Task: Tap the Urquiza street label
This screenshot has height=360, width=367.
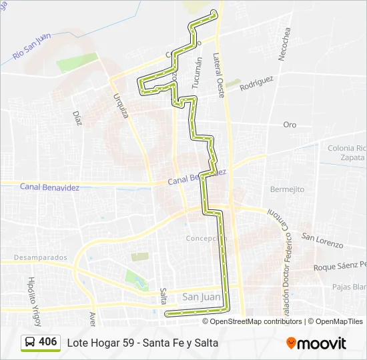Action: pyautogui.click(x=121, y=105)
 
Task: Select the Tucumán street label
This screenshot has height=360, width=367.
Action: pyautogui.click(x=196, y=73)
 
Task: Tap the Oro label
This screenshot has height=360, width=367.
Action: pyautogui.click(x=290, y=125)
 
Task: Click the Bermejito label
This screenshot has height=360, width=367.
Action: pyautogui.click(x=288, y=189)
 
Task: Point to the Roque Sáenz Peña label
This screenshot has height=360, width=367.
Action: pyautogui.click(x=340, y=267)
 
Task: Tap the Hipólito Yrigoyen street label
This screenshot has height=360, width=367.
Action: pyautogui.click(x=34, y=294)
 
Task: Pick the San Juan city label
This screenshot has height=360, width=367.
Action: pyautogui.click(x=201, y=297)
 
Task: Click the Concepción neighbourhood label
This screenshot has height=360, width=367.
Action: pyautogui.click(x=206, y=239)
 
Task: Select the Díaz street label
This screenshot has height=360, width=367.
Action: pyautogui.click(x=77, y=117)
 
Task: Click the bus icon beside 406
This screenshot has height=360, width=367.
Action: pyautogui.click(x=31, y=342)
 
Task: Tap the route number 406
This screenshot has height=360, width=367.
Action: pyautogui.click(x=48, y=342)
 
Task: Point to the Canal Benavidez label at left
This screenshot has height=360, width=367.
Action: pyautogui.click(x=49, y=187)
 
